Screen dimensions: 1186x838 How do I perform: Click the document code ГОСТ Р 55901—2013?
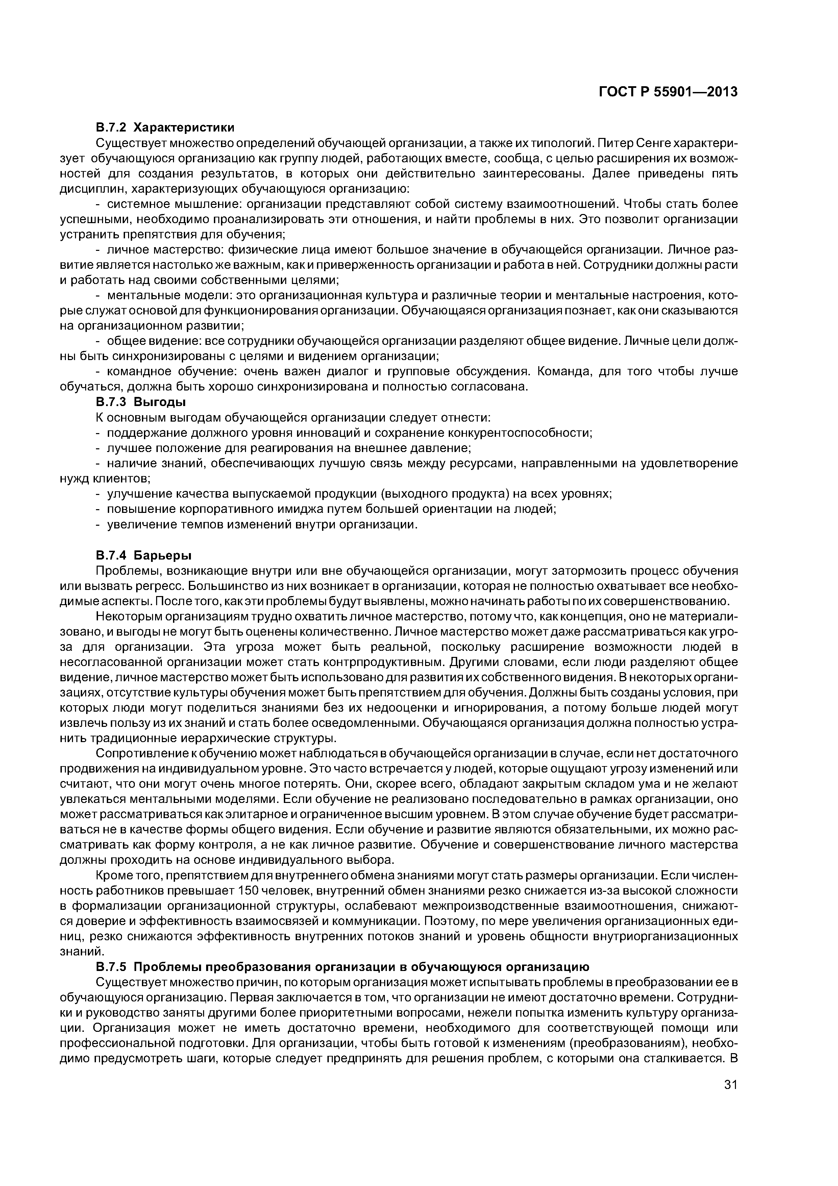click(x=668, y=92)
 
